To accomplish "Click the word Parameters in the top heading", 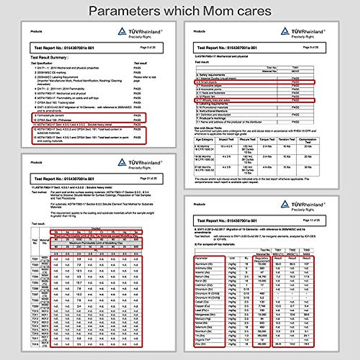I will (124, 11).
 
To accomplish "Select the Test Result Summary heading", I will (49, 57).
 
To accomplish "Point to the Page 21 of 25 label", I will (148, 178).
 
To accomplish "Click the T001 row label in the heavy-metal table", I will (35, 259).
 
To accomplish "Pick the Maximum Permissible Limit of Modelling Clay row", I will (96, 243).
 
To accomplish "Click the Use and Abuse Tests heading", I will (208, 128).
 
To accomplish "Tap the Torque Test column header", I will (267, 140).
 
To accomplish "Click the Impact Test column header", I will (226, 140).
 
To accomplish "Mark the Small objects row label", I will (207, 82).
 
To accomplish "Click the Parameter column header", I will (201, 258).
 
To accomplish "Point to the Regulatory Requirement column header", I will (262, 259).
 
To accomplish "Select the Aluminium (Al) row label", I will (204, 264).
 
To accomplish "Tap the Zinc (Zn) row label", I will (200, 344).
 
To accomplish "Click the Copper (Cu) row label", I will (202, 306).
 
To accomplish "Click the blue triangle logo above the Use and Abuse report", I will (285, 31).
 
